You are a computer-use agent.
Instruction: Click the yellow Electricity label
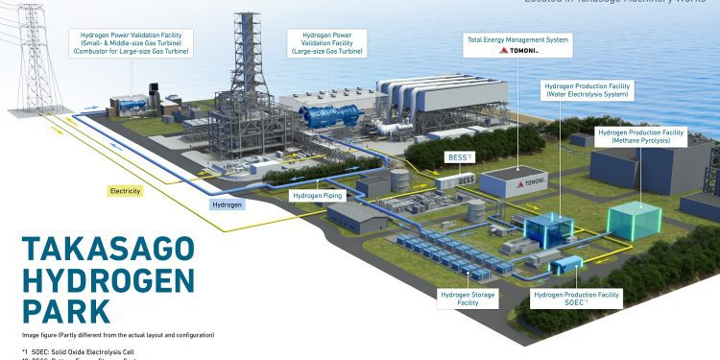click(x=126, y=191)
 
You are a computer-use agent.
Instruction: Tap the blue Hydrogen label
click(x=226, y=204)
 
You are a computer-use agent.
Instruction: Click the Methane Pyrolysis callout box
click(x=642, y=136)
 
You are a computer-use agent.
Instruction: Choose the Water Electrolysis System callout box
click(x=587, y=89)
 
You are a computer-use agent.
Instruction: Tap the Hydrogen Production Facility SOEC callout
click(x=576, y=299)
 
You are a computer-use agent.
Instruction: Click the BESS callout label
click(x=457, y=156)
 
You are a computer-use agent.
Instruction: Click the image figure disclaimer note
click(x=118, y=334)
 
